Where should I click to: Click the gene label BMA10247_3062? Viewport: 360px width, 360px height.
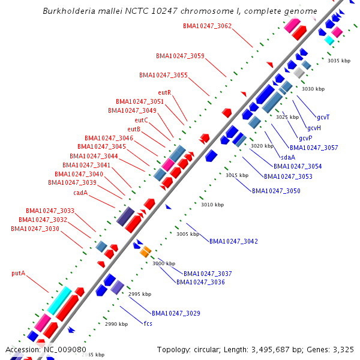coord(207,26)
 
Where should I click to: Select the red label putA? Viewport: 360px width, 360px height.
coord(18,273)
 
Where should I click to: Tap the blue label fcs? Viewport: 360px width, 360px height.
coord(148,324)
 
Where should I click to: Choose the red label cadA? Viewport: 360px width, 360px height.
coord(80,193)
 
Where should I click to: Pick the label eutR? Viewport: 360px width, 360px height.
coord(165,92)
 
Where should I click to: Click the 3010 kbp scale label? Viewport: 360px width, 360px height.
coord(212,205)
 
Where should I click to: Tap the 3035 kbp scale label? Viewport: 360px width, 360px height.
coord(338,61)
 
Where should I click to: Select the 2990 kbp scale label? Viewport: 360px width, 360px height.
coord(116,324)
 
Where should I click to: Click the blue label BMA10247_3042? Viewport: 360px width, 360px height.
coord(233,241)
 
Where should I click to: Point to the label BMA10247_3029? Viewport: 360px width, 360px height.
coord(176,313)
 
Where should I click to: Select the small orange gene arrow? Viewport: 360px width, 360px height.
coord(145,252)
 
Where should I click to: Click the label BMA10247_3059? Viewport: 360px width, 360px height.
coord(180,56)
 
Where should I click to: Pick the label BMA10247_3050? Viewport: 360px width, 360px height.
coord(276,191)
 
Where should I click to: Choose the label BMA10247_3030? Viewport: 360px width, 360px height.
coord(35,229)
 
